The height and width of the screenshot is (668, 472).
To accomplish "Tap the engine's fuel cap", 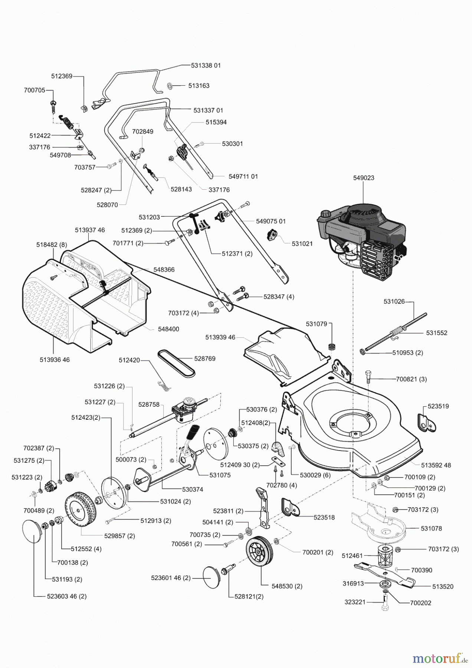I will click(x=326, y=215).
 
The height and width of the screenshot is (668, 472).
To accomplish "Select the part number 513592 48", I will click(x=436, y=465).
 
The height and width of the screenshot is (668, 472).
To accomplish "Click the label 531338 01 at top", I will click(x=206, y=65).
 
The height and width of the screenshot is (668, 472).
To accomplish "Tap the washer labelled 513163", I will click(x=170, y=86).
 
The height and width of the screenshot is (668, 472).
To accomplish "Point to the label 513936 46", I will click(x=55, y=360).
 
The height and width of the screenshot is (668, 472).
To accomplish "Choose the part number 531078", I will click(x=431, y=528).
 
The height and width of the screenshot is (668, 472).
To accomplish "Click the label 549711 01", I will click(x=243, y=176).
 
